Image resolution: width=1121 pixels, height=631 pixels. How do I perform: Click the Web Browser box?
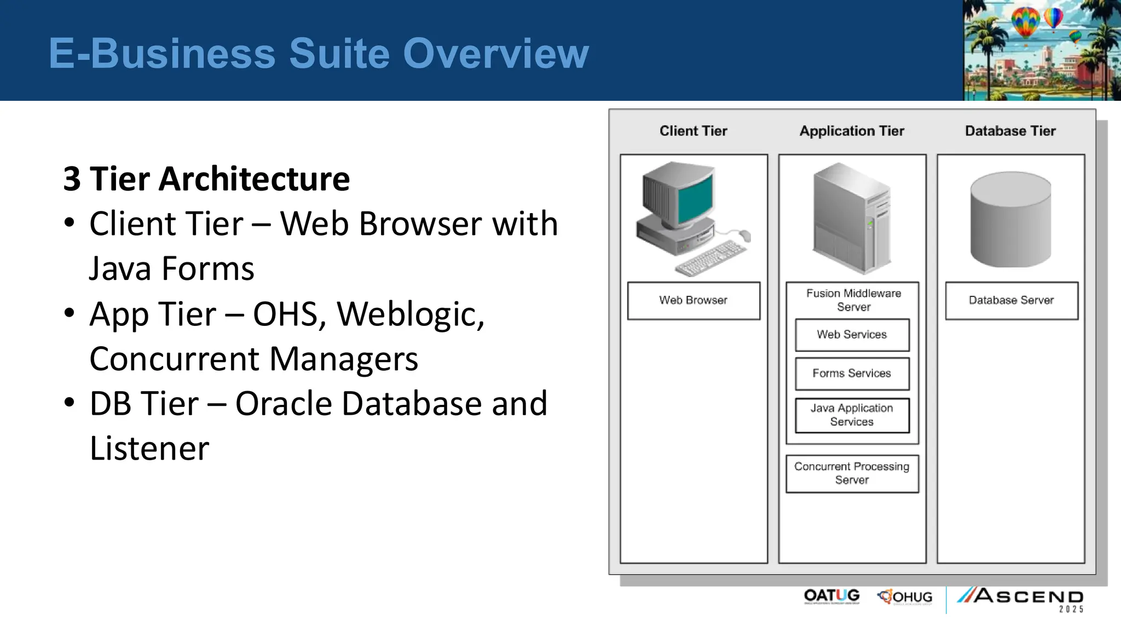pos(693,301)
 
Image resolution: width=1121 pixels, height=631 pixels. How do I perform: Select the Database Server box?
pos(1011,301)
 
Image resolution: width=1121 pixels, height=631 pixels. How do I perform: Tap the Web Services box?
pos(852,335)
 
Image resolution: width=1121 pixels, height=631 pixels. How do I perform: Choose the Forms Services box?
pos(852,374)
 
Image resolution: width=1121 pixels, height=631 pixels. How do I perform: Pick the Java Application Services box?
pos(852,415)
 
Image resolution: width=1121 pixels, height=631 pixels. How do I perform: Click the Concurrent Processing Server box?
pos(852,473)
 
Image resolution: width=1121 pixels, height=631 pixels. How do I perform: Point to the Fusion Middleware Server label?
pos(853,300)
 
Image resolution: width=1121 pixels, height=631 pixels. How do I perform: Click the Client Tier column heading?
pos(693,131)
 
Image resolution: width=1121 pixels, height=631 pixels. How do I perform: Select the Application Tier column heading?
pos(852,131)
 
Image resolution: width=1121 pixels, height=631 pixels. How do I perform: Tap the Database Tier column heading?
pos(1010,131)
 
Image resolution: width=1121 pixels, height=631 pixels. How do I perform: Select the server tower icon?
pos(852,219)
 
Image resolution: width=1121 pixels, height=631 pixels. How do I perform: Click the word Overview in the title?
pos(495,54)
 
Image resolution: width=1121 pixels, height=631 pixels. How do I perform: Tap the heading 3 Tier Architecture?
pos(206,179)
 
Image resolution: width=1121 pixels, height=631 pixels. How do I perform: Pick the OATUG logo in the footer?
pos(831,596)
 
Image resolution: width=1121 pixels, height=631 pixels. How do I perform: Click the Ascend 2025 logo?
pos(1021,599)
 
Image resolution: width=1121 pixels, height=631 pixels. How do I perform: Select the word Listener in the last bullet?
pos(149,449)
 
